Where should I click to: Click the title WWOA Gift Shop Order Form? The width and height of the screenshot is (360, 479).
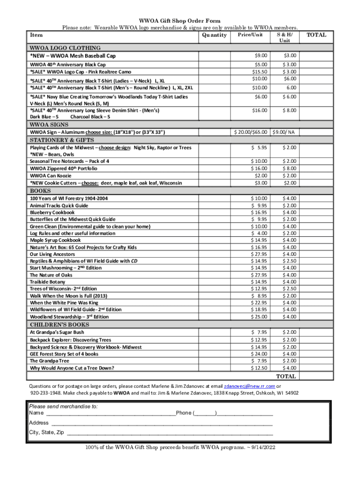[180, 21]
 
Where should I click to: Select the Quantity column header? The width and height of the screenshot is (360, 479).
[214, 35]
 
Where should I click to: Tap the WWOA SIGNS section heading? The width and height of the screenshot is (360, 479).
[49, 125]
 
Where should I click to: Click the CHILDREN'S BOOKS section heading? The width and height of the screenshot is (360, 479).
[59, 325]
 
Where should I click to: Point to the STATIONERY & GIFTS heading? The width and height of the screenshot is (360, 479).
[62, 140]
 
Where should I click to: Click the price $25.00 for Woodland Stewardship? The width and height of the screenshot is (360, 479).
[259, 317]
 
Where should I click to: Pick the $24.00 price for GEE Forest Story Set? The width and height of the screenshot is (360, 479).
[259, 354]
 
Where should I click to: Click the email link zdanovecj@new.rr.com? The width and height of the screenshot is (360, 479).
[250, 386]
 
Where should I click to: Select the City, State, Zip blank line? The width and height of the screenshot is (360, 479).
[170, 433]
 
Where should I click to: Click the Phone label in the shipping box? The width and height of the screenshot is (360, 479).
[184, 413]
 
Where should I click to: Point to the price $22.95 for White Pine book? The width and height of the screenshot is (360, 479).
[259, 303]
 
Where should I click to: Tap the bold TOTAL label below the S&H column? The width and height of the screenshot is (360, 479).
[286, 376]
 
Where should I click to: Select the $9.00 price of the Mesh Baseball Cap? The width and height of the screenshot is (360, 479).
[261, 56]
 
